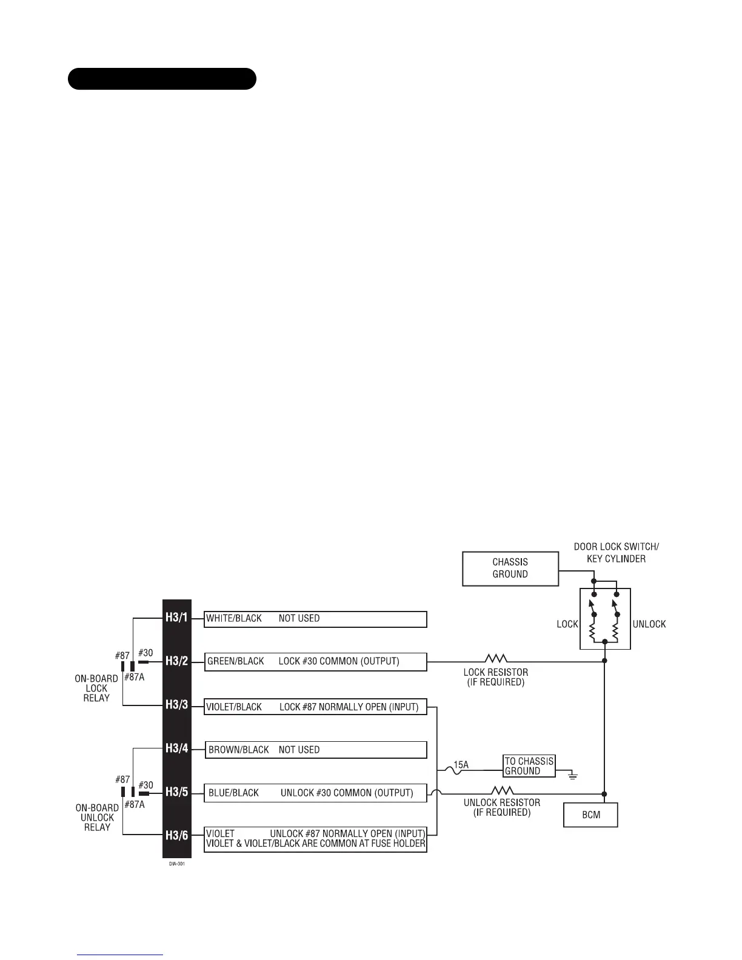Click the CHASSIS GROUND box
coord(510,568)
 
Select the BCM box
coord(590,815)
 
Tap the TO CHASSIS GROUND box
coord(529,766)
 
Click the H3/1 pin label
coord(177,618)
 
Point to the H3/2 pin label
coord(177,661)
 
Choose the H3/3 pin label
coord(177,705)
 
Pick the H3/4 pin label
coord(177,748)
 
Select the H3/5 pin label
coord(177,792)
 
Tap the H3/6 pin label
coord(177,836)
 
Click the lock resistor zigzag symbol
coord(496,658)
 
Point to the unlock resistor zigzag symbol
coord(503,790)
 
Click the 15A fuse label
coord(461,765)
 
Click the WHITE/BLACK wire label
coord(234,619)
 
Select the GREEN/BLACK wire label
coord(236,661)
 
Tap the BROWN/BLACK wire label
coord(238,750)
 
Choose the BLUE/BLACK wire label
coord(233,793)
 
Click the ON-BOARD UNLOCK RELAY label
coord(97,818)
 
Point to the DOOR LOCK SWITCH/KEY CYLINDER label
coord(616,553)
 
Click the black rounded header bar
coord(162,79)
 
